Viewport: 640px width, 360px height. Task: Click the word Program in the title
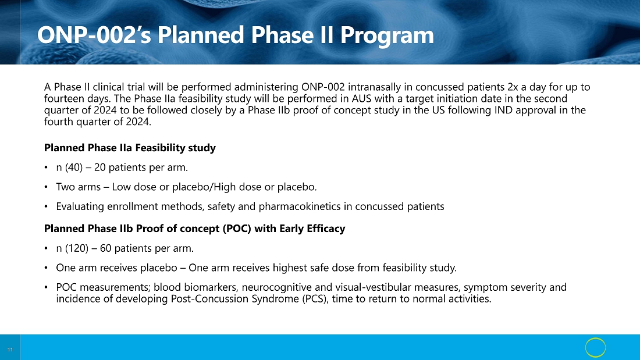(x=387, y=35)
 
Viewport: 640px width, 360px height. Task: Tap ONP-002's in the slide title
(x=94, y=35)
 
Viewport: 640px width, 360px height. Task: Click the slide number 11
(x=10, y=350)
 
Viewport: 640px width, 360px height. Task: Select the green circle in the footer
(x=596, y=348)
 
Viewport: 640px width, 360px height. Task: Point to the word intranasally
(x=374, y=87)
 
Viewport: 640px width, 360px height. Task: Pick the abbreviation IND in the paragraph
(x=503, y=110)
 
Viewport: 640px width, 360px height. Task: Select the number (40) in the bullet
(x=74, y=167)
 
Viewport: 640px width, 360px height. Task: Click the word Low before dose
(x=120, y=187)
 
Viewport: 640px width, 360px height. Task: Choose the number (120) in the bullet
(x=77, y=248)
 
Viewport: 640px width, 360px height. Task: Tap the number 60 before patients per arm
(x=106, y=248)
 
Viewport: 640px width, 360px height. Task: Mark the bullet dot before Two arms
(x=46, y=187)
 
